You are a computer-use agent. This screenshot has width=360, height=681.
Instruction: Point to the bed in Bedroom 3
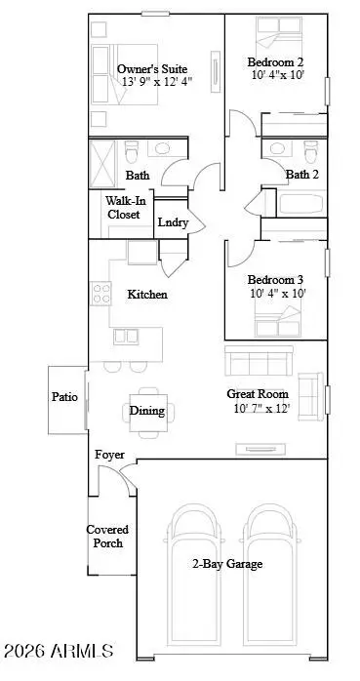tap(277, 315)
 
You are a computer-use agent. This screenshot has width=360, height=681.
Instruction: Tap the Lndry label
tap(173, 222)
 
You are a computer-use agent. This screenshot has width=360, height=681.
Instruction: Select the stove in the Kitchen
tap(100, 294)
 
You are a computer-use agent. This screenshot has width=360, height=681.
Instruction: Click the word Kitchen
tap(147, 294)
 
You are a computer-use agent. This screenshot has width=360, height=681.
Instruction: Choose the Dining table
tap(147, 411)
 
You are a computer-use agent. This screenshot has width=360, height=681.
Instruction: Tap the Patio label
tap(66, 397)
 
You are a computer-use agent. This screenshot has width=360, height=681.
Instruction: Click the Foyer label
tap(108, 456)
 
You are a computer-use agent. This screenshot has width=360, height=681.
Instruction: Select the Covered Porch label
tap(107, 537)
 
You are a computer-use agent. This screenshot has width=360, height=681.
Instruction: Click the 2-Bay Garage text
tap(228, 564)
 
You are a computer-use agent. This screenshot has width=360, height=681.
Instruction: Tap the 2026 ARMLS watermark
tap(59, 650)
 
